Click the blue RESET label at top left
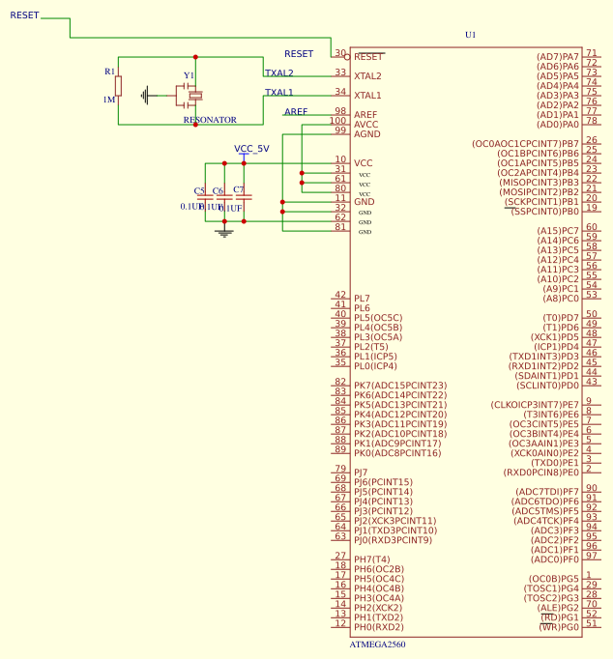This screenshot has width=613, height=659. coord(24,15)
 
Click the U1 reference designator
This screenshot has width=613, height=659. coord(471,35)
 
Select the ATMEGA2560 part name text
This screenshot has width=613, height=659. coord(377,644)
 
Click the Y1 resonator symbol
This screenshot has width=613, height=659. coord(193,94)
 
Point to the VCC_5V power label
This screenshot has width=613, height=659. coord(251,149)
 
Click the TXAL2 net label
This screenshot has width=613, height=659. coord(278,73)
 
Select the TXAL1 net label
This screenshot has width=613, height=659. coord(278,93)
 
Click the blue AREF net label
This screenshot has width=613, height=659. coord(296,112)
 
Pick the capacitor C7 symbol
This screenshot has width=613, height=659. coord(244,197)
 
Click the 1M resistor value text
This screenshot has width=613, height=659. coord(108,100)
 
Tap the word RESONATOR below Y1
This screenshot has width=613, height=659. coord(210,121)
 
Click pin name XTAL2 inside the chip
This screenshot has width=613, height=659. coord(367,76)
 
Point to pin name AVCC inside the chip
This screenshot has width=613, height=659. coord(366,125)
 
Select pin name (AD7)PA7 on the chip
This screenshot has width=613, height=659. coord(558,57)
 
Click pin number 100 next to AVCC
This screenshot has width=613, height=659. coord(336,121)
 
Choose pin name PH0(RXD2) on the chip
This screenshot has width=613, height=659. coord(378,627)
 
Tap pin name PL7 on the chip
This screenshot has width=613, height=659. coord(362,299)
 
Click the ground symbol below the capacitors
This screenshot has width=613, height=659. coord(224,233)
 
